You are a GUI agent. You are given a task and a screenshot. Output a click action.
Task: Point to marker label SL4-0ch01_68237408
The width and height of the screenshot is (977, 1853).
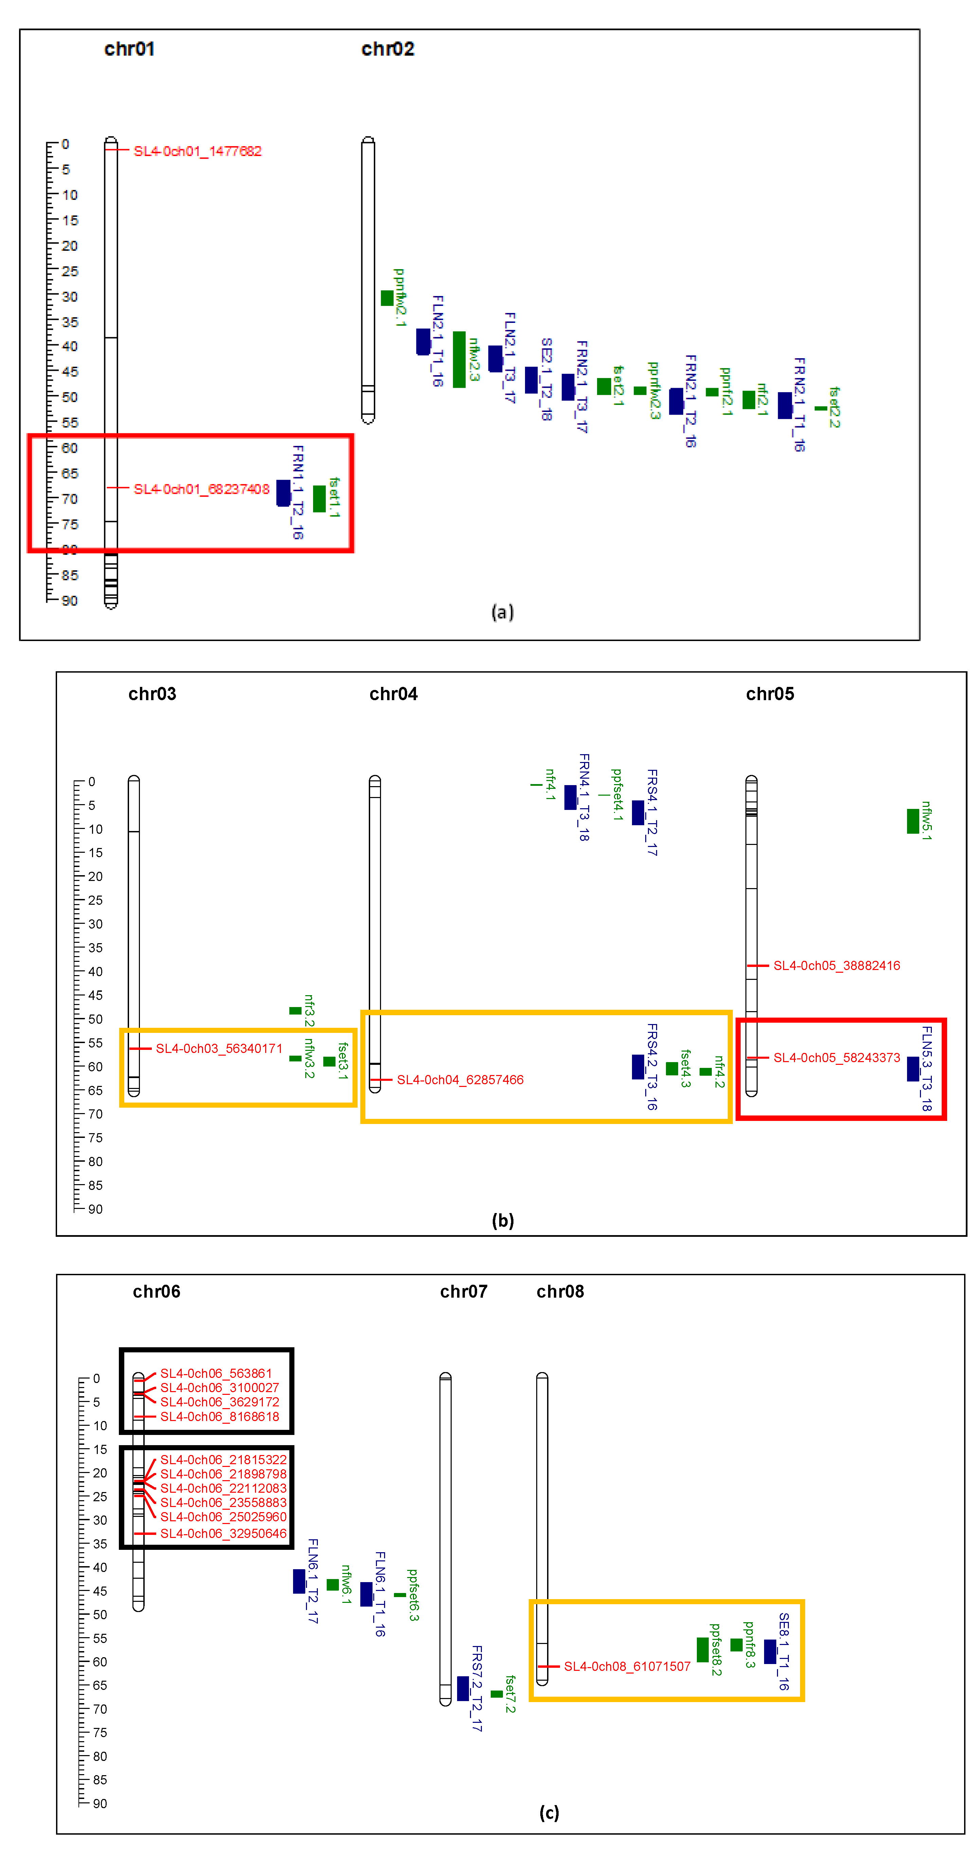(x=201, y=489)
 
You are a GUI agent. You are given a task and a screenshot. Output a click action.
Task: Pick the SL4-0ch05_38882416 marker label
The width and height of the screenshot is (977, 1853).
(x=836, y=965)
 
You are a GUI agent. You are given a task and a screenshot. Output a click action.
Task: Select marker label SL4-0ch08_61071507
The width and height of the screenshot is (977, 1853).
(x=627, y=1667)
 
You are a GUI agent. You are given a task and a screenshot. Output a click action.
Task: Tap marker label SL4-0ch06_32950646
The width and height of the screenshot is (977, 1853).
(x=223, y=1534)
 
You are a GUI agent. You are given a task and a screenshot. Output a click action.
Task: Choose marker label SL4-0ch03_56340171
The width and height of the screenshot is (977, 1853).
(x=219, y=1049)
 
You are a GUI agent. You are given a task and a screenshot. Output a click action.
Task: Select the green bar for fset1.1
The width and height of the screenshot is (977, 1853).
(x=319, y=499)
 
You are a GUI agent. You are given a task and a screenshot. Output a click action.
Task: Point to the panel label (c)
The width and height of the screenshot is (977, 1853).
(x=548, y=1813)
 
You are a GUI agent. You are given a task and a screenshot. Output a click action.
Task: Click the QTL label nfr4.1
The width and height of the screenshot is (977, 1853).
(x=550, y=784)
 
